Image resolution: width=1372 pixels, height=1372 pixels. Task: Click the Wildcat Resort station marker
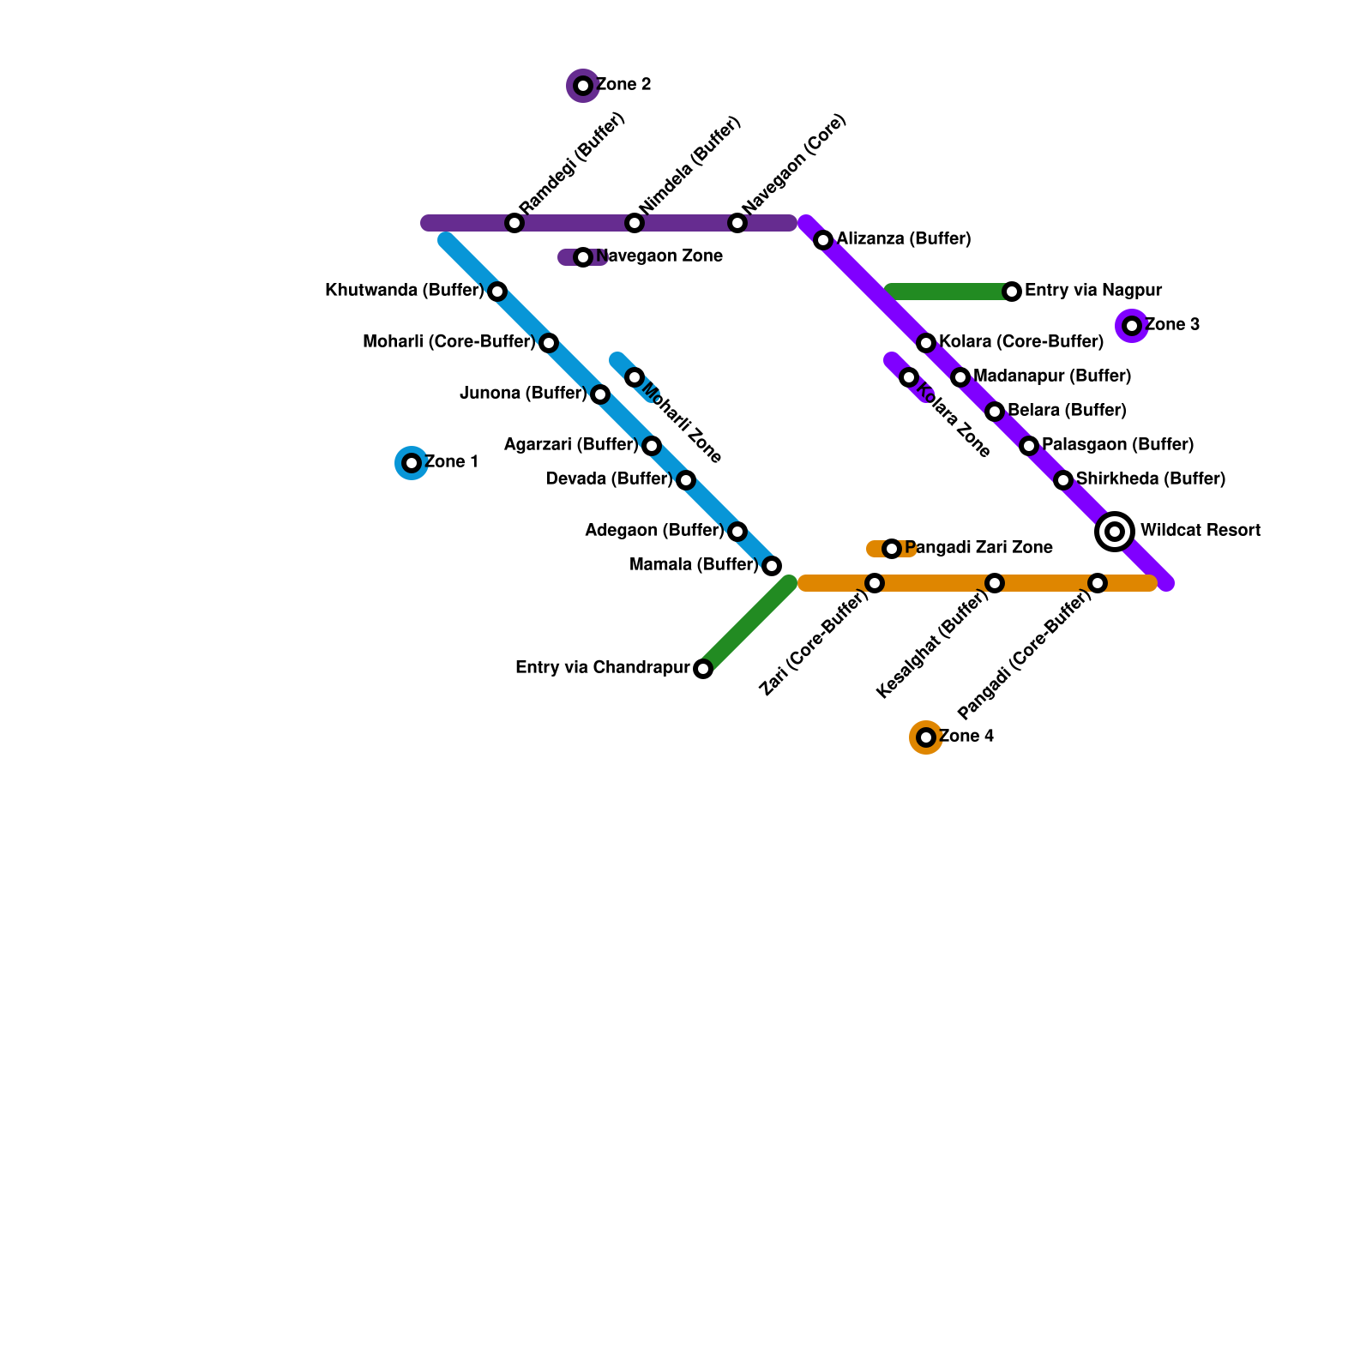pos(1115,532)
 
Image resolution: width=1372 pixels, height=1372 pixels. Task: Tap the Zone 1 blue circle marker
pos(412,463)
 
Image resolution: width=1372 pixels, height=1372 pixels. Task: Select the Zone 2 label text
pos(623,85)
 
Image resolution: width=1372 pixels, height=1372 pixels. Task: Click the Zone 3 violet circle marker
pos(1132,326)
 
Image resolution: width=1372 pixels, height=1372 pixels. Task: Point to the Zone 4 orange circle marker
pos(926,737)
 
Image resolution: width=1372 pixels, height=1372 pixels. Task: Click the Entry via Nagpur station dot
pos(1012,292)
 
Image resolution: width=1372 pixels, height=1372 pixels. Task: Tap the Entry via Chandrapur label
pos(602,668)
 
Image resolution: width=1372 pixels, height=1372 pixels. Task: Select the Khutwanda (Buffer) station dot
pos(497,292)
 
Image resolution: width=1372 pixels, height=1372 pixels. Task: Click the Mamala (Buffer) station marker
pos(772,566)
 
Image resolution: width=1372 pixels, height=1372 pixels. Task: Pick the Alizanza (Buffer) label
pos(904,239)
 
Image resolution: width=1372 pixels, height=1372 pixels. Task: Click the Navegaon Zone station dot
pos(583,257)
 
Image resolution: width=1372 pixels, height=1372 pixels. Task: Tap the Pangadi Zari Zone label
pos(978,548)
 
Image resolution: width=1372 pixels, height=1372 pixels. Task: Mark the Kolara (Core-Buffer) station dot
pos(926,343)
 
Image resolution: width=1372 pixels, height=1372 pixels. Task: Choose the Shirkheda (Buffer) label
pos(1151,479)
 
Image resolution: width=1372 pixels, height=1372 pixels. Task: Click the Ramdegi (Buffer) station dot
pos(514,223)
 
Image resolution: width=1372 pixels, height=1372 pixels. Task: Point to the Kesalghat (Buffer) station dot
pos(995,583)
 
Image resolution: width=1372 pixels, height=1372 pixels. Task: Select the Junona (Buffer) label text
pos(523,394)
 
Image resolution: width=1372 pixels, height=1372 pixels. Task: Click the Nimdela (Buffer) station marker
pos(635,223)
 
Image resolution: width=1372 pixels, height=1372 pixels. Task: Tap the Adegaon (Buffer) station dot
pos(737,532)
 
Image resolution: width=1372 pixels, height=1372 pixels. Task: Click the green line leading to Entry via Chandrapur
pos(746,626)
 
